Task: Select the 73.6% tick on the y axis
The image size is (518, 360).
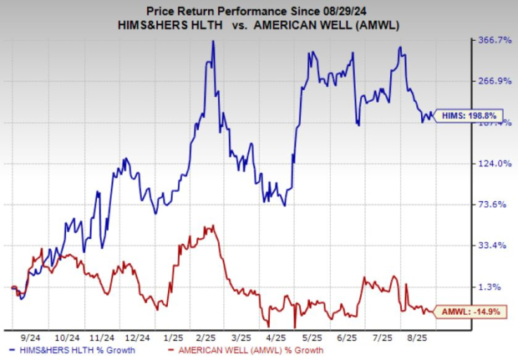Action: click(495, 205)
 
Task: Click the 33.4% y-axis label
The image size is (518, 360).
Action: click(495, 246)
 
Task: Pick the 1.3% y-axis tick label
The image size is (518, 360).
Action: click(498, 286)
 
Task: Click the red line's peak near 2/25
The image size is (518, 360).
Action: click(214, 226)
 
